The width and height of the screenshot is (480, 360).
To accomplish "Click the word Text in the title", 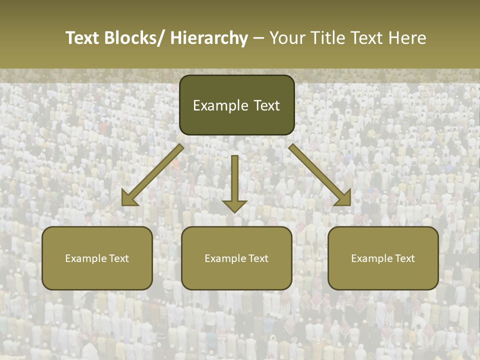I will click(x=83, y=38).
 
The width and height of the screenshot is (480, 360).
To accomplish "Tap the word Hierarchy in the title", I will click(x=209, y=38).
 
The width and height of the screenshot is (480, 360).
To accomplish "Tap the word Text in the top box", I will click(x=265, y=105).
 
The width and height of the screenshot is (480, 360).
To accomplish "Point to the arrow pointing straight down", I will click(x=234, y=180).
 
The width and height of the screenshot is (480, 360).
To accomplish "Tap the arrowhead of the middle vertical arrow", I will click(x=234, y=205).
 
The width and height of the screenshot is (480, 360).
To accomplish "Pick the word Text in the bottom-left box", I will click(x=119, y=258).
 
